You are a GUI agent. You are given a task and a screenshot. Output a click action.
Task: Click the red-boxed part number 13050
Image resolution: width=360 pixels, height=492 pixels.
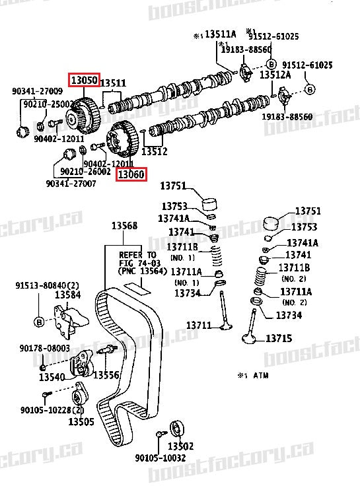[x=85, y=80]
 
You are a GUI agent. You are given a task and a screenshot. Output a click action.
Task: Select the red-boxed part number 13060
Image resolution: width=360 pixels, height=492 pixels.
[x=131, y=174]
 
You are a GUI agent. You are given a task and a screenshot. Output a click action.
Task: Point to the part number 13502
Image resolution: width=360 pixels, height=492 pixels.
[x=180, y=446]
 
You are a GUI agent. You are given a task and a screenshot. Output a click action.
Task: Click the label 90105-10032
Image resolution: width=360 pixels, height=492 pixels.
[x=161, y=458]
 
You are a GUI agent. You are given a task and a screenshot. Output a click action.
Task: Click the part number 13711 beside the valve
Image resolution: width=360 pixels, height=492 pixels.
[x=199, y=325]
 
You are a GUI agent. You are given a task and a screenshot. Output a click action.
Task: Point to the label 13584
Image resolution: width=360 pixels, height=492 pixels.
[x=67, y=295]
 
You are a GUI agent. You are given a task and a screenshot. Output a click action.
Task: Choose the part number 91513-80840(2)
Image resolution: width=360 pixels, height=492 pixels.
[x=44, y=285]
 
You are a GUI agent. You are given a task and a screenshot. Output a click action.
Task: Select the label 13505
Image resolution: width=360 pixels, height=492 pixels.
[x=81, y=421]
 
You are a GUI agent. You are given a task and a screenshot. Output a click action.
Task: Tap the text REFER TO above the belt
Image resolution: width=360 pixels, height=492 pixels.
[x=138, y=255]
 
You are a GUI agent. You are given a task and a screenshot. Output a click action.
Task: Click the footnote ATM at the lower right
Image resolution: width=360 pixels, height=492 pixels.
[x=254, y=374]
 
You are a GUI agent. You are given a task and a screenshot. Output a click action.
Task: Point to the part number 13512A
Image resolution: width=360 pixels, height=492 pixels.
[x=275, y=75]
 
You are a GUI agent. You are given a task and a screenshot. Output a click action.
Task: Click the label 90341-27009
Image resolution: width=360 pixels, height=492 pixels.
[x=37, y=91]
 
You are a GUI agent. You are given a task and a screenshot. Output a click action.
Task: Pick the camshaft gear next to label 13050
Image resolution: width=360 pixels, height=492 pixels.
[x=85, y=113]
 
